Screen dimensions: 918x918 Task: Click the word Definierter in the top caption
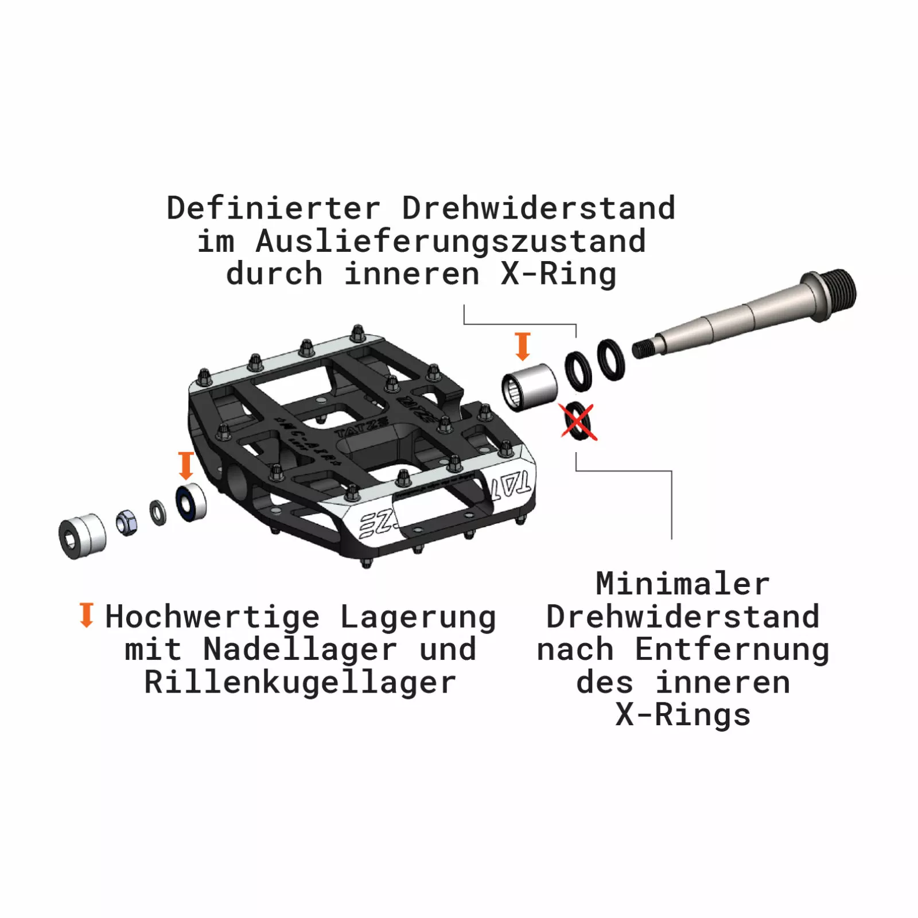click(x=274, y=208)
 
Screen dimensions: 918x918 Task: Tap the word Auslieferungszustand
click(x=450, y=242)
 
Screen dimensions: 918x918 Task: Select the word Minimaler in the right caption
click(x=682, y=584)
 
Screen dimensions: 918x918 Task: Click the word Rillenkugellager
click(x=300, y=683)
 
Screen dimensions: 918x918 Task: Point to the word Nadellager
click(x=300, y=649)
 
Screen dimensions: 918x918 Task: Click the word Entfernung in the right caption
click(x=732, y=650)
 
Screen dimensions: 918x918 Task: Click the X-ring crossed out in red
click(x=578, y=422)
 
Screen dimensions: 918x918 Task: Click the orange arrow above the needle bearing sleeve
click(x=522, y=346)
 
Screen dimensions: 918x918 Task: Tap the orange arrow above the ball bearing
click(x=186, y=465)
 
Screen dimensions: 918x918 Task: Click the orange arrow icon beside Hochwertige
click(x=87, y=615)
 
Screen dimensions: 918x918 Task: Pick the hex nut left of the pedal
click(x=127, y=522)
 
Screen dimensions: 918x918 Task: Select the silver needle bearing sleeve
click(x=529, y=387)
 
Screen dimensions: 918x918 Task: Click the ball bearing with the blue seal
click(x=190, y=503)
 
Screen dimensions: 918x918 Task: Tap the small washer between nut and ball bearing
click(x=158, y=512)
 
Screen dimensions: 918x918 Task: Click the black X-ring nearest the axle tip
click(x=610, y=360)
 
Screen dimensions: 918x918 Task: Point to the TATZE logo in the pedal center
click(x=361, y=427)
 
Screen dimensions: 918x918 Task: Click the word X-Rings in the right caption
click(x=683, y=715)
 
